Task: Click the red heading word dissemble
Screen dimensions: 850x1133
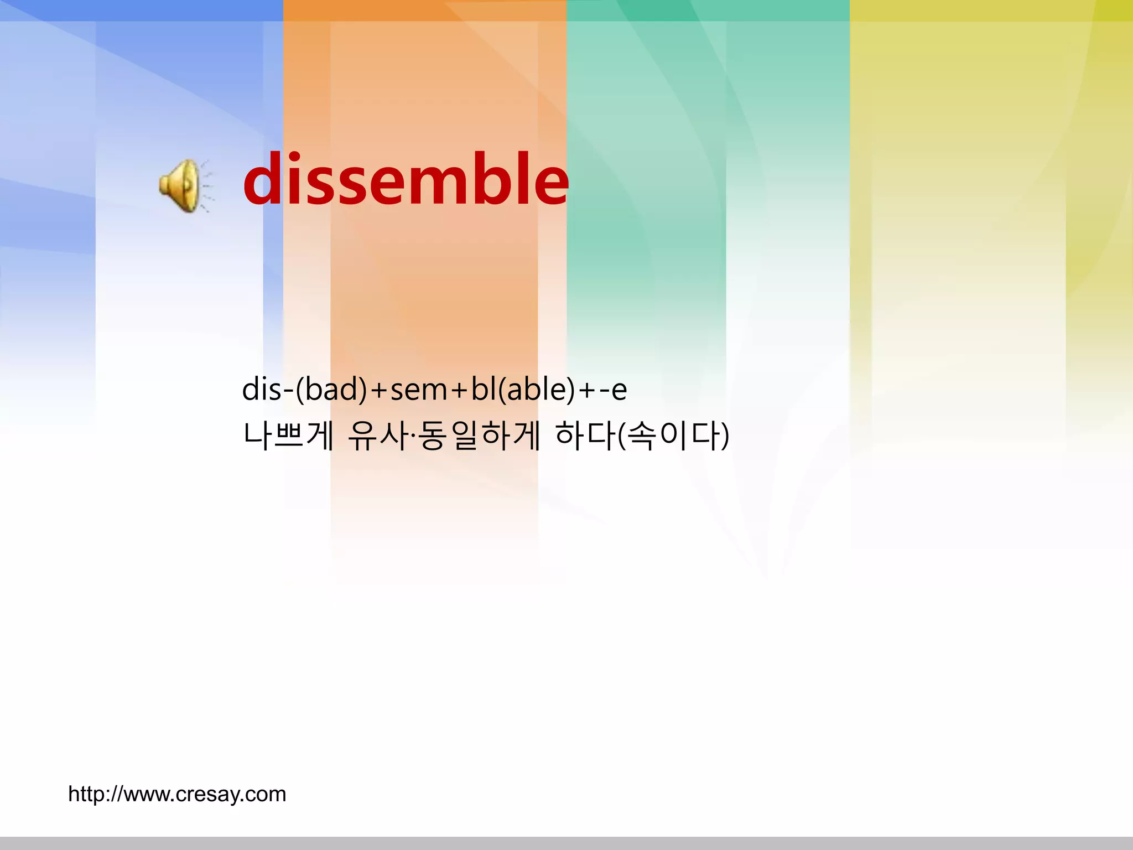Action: pyautogui.click(x=406, y=180)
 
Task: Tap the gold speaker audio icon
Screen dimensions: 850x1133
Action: pyautogui.click(x=180, y=186)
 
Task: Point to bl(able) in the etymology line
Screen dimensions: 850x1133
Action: pyautogui.click(x=523, y=389)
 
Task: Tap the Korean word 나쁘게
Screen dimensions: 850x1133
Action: pyautogui.click(x=288, y=436)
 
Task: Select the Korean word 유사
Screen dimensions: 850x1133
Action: pyautogui.click(x=377, y=436)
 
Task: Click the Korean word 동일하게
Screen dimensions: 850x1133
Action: pyautogui.click(x=479, y=436)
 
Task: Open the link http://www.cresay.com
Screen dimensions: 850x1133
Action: pyautogui.click(x=177, y=794)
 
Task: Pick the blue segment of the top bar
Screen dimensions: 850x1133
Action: pyautogui.click(x=142, y=11)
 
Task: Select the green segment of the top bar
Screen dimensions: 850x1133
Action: pyautogui.click(x=708, y=11)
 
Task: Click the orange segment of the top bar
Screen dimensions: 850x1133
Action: pyautogui.click(x=425, y=11)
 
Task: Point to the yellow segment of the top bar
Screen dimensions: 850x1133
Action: pyautogui.click(x=991, y=11)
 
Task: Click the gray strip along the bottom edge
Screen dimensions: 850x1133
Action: pyautogui.click(x=566, y=843)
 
